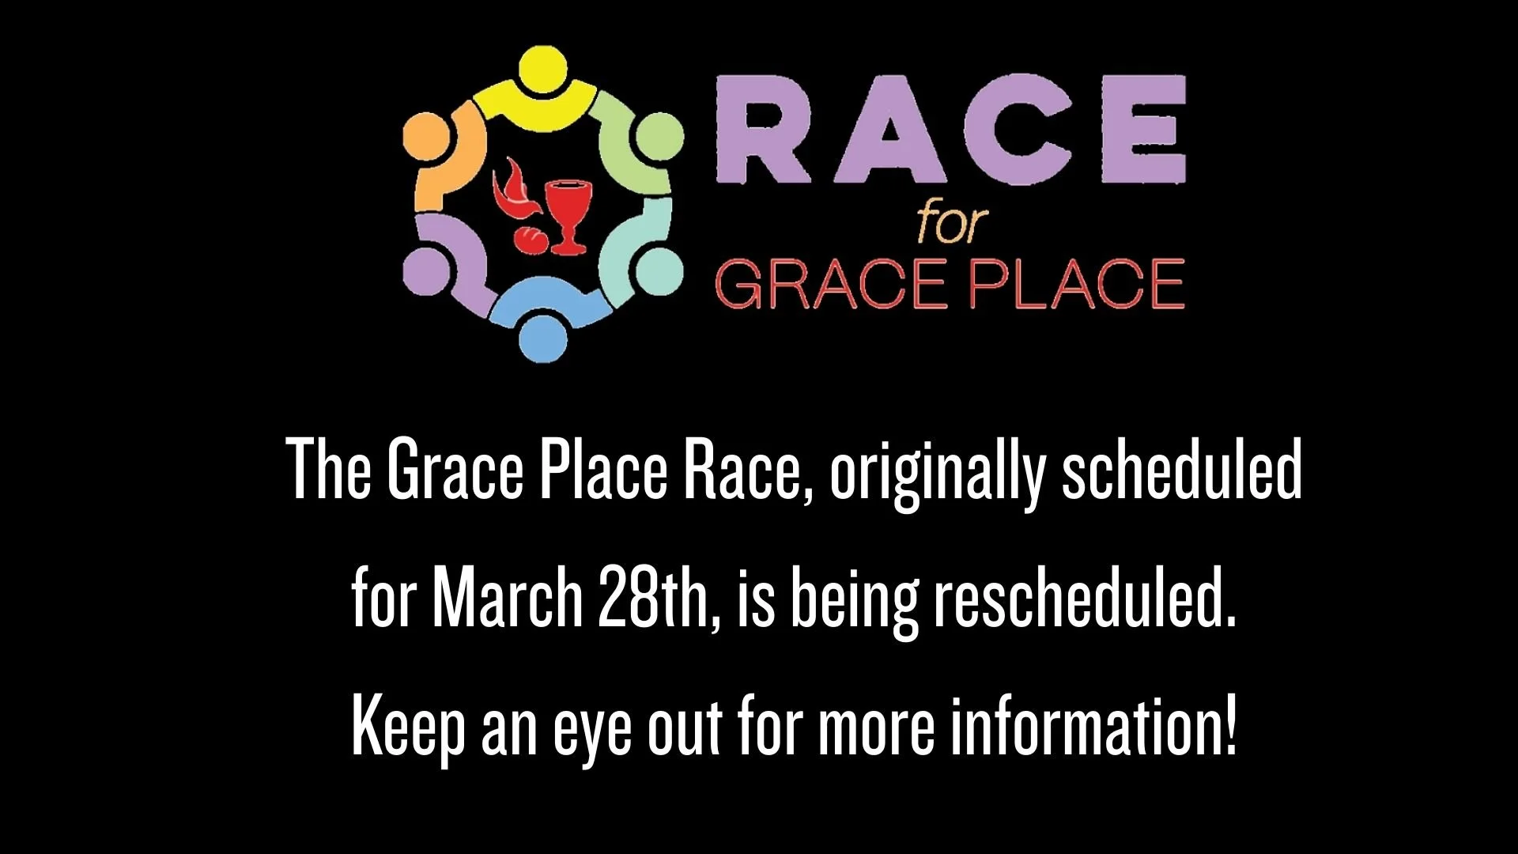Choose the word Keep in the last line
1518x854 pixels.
pyautogui.click(x=407, y=727)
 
